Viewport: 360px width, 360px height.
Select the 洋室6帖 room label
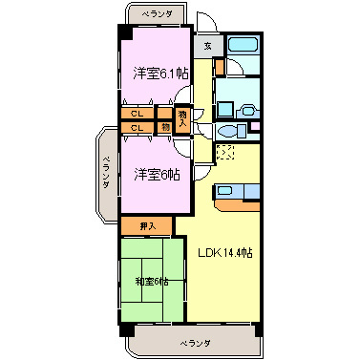(156, 174)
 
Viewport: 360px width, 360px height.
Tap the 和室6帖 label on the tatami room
(152, 280)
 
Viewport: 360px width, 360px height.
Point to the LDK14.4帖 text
(225, 253)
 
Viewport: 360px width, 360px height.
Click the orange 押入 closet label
(146, 225)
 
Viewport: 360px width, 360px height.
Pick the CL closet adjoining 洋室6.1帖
(137, 114)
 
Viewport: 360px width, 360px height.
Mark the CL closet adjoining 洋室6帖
(137, 127)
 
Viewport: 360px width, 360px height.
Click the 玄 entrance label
(207, 45)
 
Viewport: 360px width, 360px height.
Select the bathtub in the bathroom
(245, 46)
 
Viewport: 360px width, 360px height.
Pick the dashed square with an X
(225, 152)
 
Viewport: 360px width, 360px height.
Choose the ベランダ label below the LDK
(195, 341)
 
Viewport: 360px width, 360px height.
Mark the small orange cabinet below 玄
(219, 67)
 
